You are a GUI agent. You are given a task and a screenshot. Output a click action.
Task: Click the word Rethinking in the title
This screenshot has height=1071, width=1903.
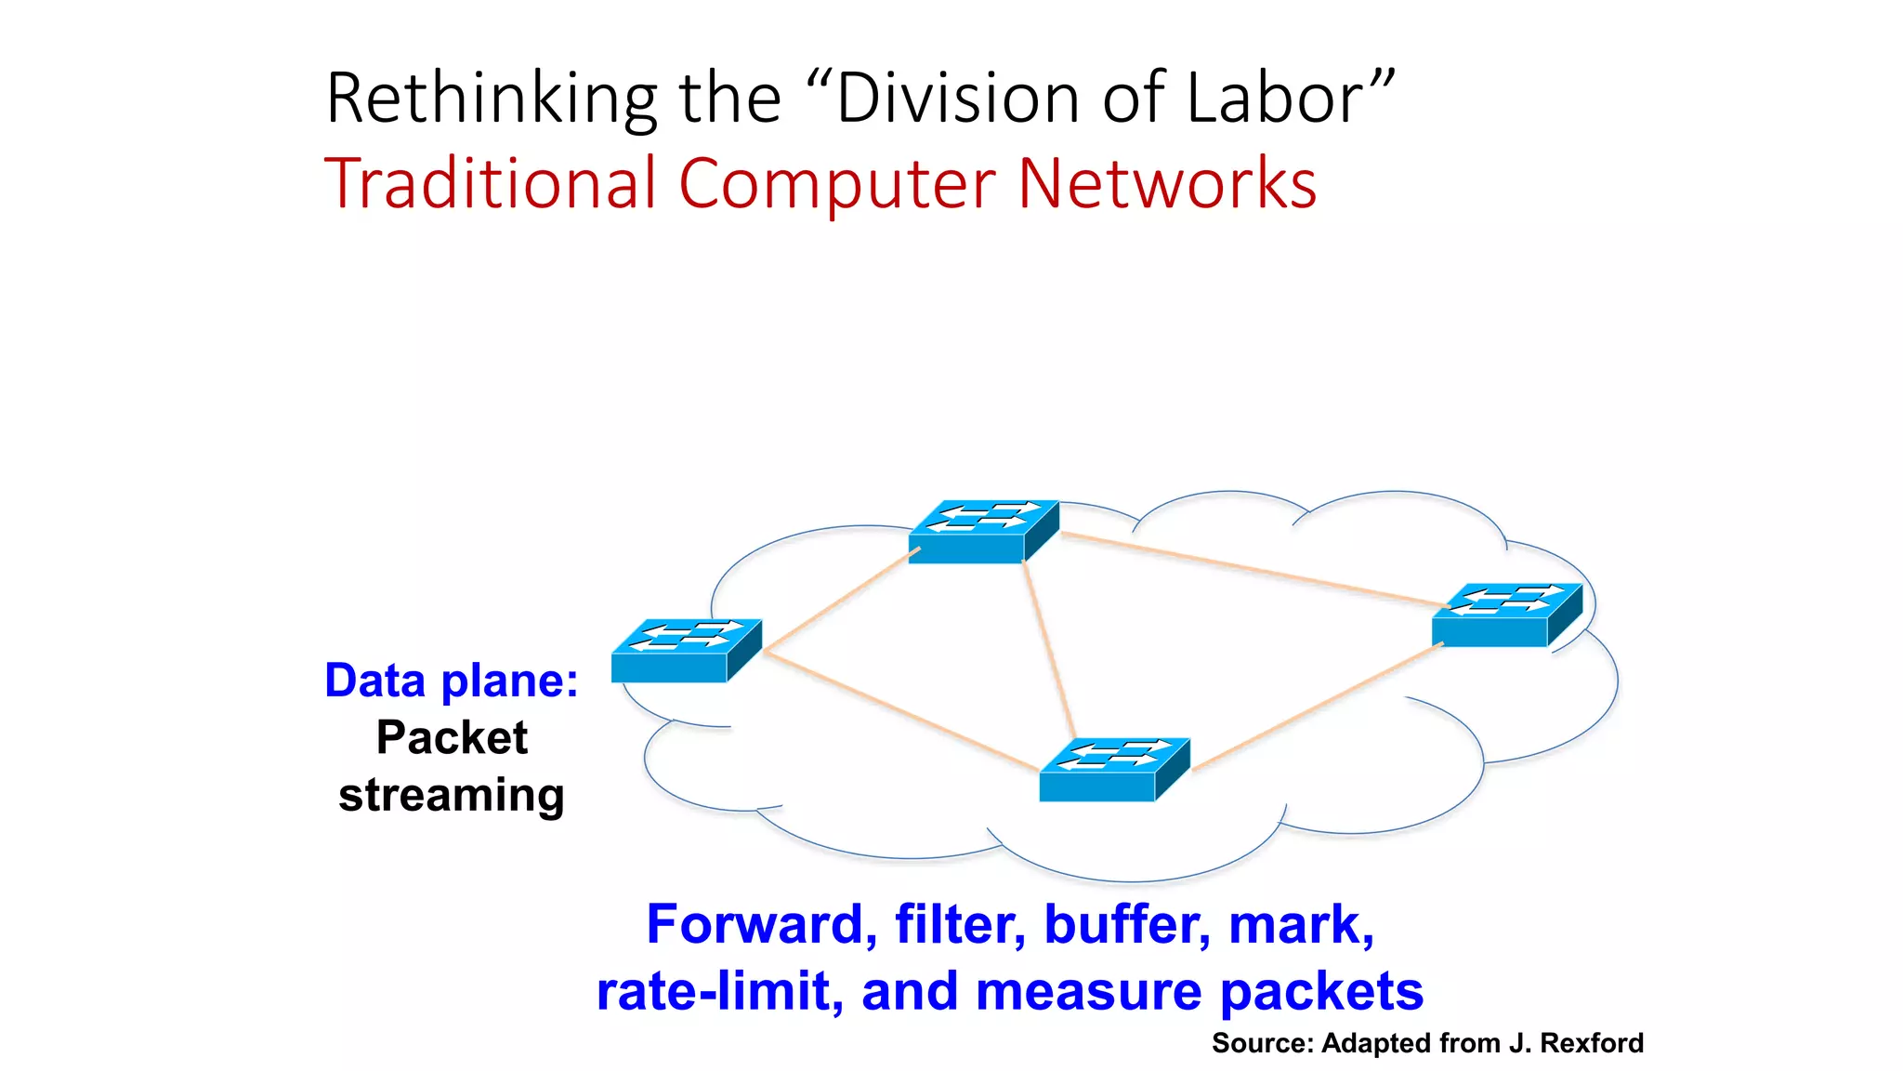point(492,99)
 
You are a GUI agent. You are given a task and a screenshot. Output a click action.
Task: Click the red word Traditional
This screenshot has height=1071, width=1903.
point(491,183)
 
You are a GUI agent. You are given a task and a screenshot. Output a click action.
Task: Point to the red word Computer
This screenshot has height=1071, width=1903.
point(837,183)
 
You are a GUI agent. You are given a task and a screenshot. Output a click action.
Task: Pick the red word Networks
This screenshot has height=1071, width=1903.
point(1167,183)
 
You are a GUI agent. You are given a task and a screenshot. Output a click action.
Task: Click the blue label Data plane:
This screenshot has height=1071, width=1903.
point(452,681)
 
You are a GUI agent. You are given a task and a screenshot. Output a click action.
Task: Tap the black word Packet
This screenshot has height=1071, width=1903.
point(452,738)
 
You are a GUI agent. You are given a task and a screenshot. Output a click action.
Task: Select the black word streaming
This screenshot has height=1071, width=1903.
point(452,796)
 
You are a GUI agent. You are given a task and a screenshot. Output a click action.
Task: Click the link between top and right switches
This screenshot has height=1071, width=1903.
point(1245,568)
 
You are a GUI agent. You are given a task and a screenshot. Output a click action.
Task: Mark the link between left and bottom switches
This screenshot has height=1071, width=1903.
point(901,711)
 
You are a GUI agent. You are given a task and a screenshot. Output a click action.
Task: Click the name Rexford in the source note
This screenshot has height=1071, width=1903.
point(1591,1043)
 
